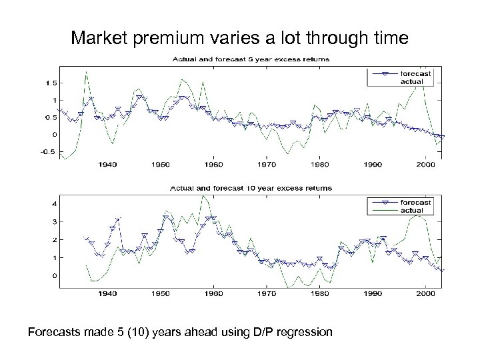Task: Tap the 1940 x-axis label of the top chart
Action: click(x=108, y=164)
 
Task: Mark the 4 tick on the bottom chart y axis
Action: click(x=54, y=203)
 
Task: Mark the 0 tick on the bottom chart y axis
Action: click(x=54, y=275)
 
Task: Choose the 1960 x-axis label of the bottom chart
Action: click(x=213, y=293)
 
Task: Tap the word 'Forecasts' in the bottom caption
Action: click(x=50, y=331)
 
